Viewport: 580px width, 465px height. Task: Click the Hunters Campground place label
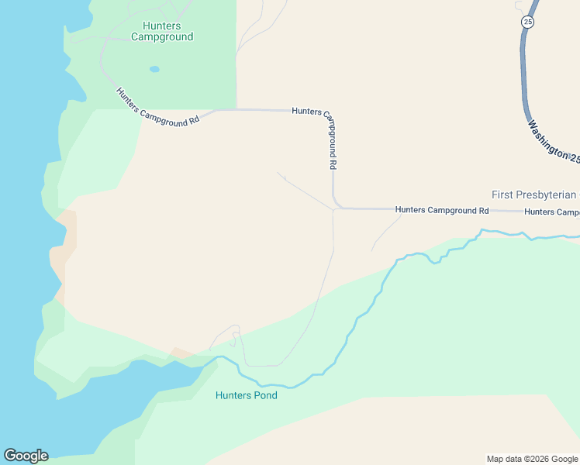click(162, 31)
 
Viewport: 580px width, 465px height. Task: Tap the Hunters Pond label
click(246, 395)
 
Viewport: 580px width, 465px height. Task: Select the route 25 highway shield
click(528, 22)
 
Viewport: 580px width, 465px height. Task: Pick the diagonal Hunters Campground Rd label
click(158, 107)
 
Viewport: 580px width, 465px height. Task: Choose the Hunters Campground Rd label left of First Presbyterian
click(441, 210)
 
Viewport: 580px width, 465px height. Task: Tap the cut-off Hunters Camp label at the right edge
click(551, 212)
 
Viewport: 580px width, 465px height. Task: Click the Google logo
click(26, 456)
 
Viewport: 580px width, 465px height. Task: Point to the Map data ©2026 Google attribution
click(532, 459)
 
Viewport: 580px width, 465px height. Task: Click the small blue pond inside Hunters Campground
click(154, 69)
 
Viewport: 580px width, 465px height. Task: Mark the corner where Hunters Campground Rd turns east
click(337, 207)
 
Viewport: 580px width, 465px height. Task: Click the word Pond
click(264, 395)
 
